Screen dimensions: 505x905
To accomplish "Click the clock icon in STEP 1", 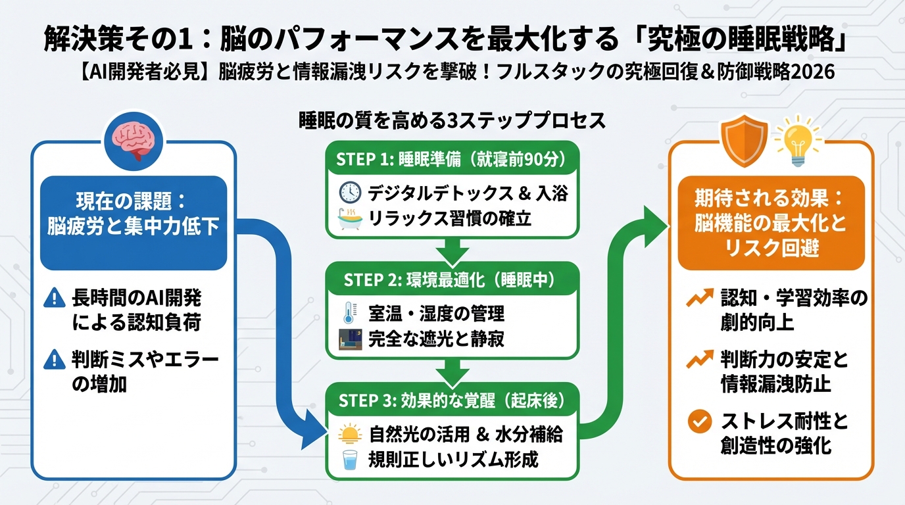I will [x=350, y=193].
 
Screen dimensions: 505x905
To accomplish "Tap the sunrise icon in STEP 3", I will [x=350, y=434].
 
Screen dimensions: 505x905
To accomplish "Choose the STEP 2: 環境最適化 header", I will [x=452, y=279].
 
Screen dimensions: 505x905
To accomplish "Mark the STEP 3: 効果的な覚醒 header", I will [x=452, y=400].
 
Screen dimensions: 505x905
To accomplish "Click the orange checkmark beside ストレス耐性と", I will [x=696, y=421].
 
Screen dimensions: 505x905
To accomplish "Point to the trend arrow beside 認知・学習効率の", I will [x=696, y=300].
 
